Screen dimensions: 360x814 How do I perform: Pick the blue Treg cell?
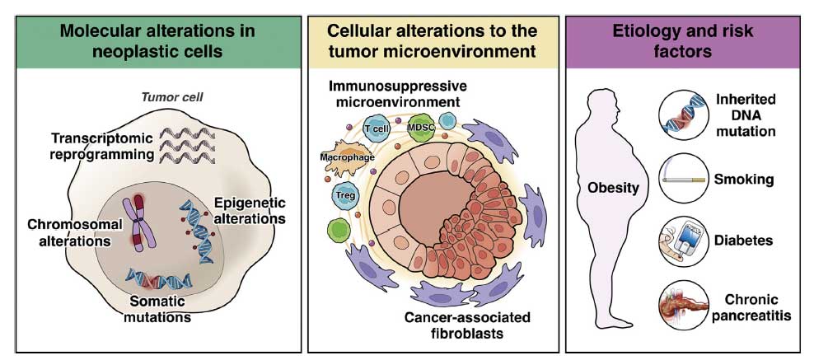click(344, 196)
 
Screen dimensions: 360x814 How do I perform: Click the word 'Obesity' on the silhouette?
click(613, 188)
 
